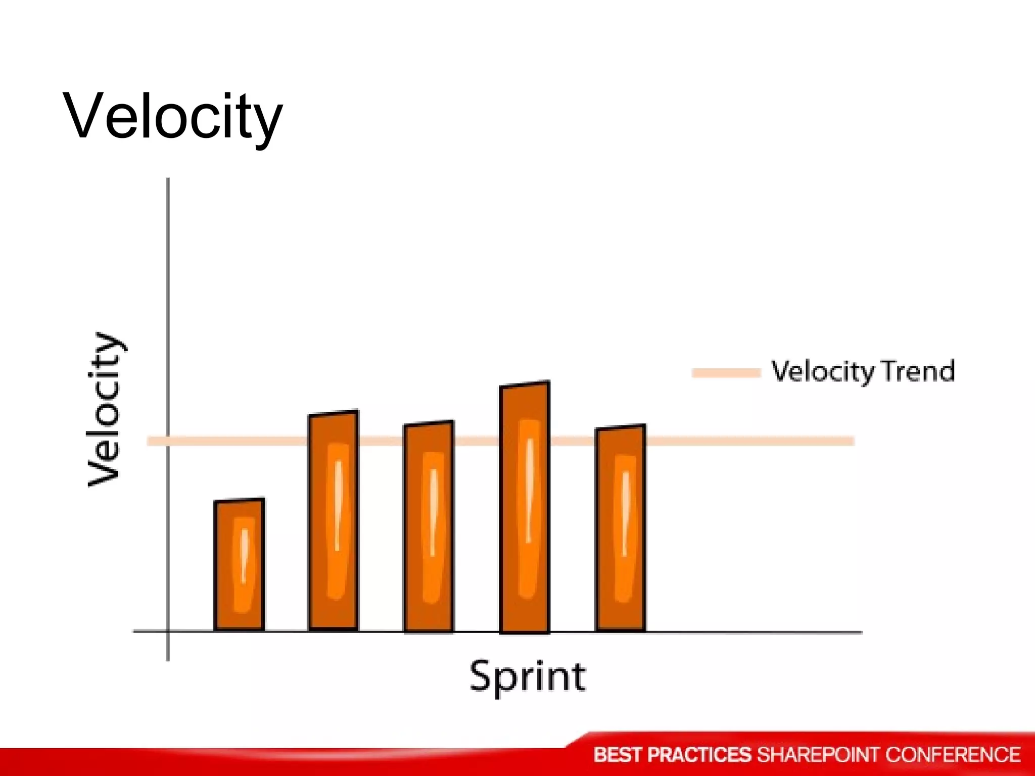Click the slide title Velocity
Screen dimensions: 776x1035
pos(172,117)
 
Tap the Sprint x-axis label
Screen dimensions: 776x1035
pos(528,676)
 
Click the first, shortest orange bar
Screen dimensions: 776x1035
pos(239,564)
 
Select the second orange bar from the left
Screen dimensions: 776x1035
pos(334,520)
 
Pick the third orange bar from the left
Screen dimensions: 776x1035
pos(429,526)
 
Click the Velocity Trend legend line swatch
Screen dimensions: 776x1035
pos(726,373)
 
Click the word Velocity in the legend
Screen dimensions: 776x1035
pos(822,372)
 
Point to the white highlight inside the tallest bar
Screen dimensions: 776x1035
pos(529,490)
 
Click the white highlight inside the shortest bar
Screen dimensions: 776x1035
pos(244,556)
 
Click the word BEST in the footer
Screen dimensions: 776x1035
pos(617,755)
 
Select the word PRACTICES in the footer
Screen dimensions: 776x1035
pos(699,755)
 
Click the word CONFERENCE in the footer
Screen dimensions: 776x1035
pos(953,755)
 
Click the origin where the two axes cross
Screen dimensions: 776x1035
pos(168,631)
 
